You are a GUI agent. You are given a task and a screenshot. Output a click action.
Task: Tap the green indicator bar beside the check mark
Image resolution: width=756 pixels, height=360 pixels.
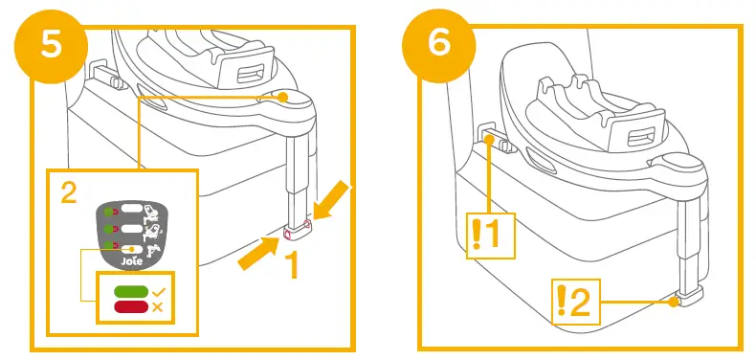pos(129,291)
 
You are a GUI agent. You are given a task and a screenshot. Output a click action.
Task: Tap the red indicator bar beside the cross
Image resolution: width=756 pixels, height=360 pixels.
pos(129,306)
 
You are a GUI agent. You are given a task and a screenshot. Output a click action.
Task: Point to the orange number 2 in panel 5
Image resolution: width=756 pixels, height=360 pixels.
pos(68,193)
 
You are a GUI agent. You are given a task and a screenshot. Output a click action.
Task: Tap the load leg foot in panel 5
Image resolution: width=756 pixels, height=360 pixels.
pos(296,227)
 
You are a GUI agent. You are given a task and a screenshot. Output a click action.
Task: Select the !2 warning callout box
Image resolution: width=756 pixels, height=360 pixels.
pos(575,302)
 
